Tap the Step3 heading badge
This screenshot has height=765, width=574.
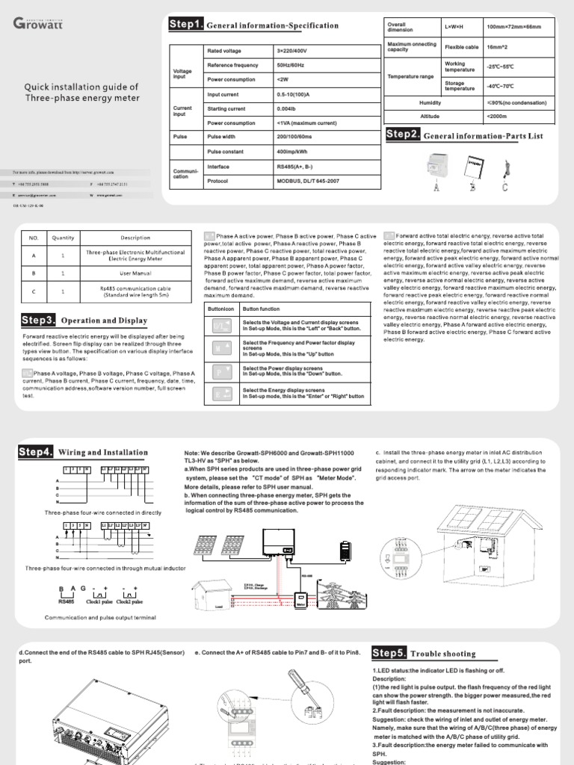click(38, 320)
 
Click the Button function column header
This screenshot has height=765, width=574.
click(261, 309)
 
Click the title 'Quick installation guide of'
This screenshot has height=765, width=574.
click(81, 87)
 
